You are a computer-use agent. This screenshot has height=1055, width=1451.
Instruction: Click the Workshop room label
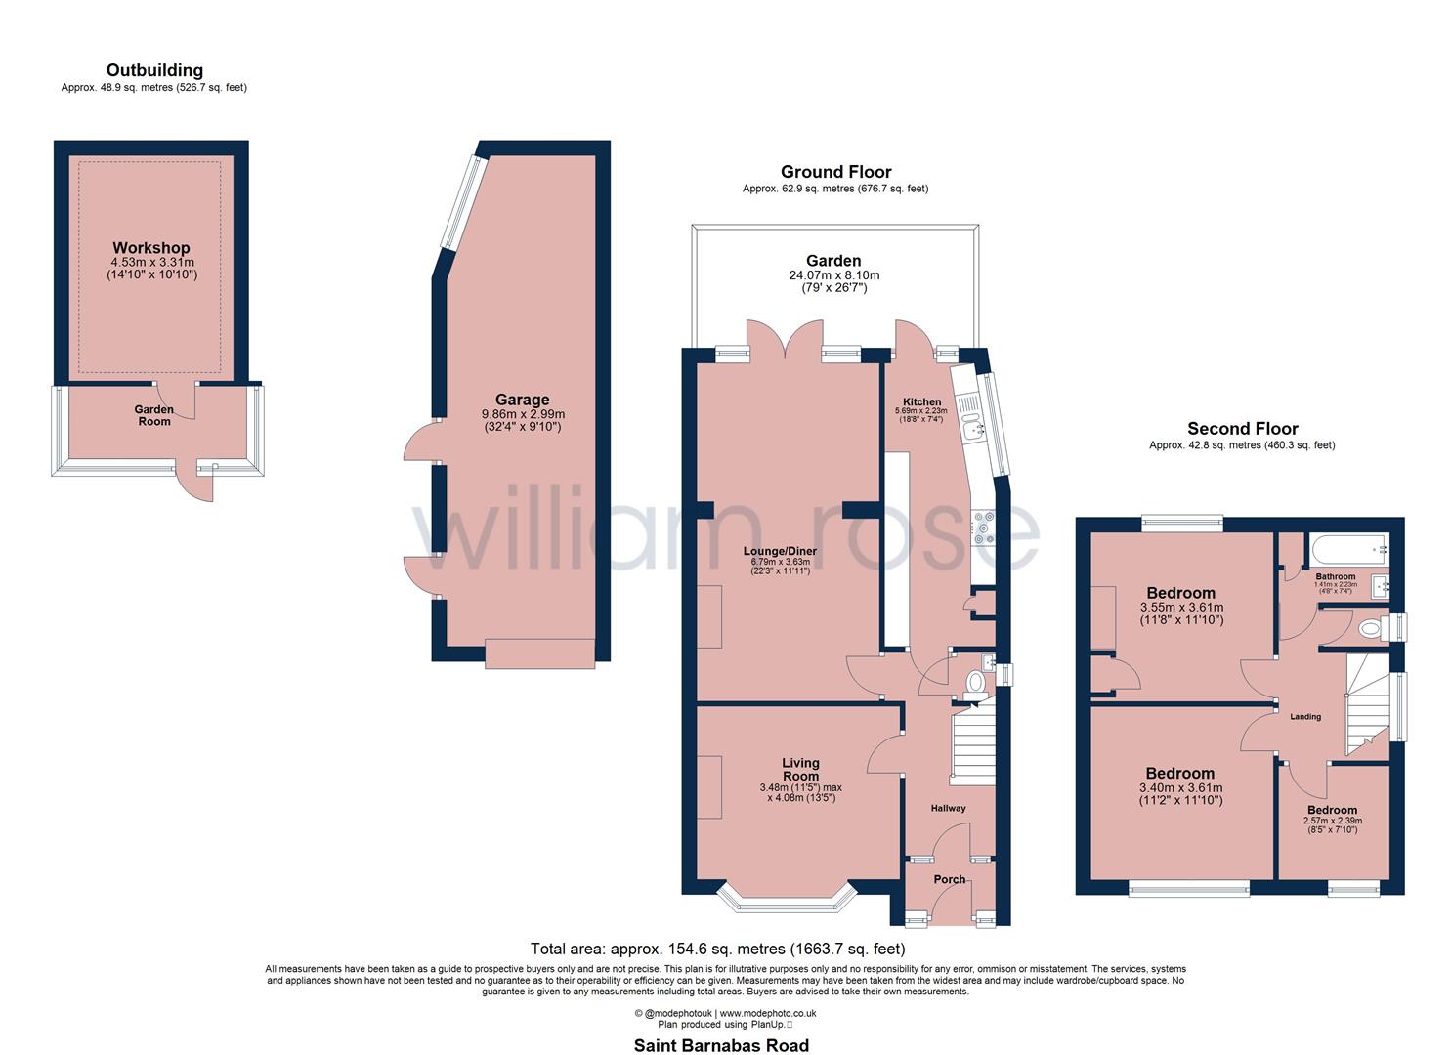[x=150, y=248]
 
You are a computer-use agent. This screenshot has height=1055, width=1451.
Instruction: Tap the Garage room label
[x=522, y=400]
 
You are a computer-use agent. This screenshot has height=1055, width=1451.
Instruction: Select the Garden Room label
[x=153, y=415]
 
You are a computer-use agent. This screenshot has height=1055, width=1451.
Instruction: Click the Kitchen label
[x=921, y=401]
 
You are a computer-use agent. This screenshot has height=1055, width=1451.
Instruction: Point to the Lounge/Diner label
[x=779, y=551]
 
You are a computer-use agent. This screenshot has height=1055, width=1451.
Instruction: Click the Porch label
[x=949, y=879]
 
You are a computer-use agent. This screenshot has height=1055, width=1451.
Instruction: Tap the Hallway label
[x=948, y=808]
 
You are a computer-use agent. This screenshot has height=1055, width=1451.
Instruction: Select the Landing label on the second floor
[x=1305, y=717]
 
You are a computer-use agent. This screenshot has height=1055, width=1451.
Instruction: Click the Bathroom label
[x=1335, y=577]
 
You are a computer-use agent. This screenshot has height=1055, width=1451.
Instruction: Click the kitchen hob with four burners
[x=982, y=527]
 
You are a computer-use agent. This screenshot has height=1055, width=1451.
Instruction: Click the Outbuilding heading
[x=154, y=70]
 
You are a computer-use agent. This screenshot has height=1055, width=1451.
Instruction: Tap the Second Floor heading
[x=1242, y=428]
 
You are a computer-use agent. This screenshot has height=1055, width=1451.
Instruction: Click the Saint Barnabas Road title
[x=721, y=1045]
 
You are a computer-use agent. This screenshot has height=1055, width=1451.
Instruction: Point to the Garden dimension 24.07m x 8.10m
[x=833, y=275]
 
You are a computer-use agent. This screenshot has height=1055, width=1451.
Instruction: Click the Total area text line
[x=717, y=948]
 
